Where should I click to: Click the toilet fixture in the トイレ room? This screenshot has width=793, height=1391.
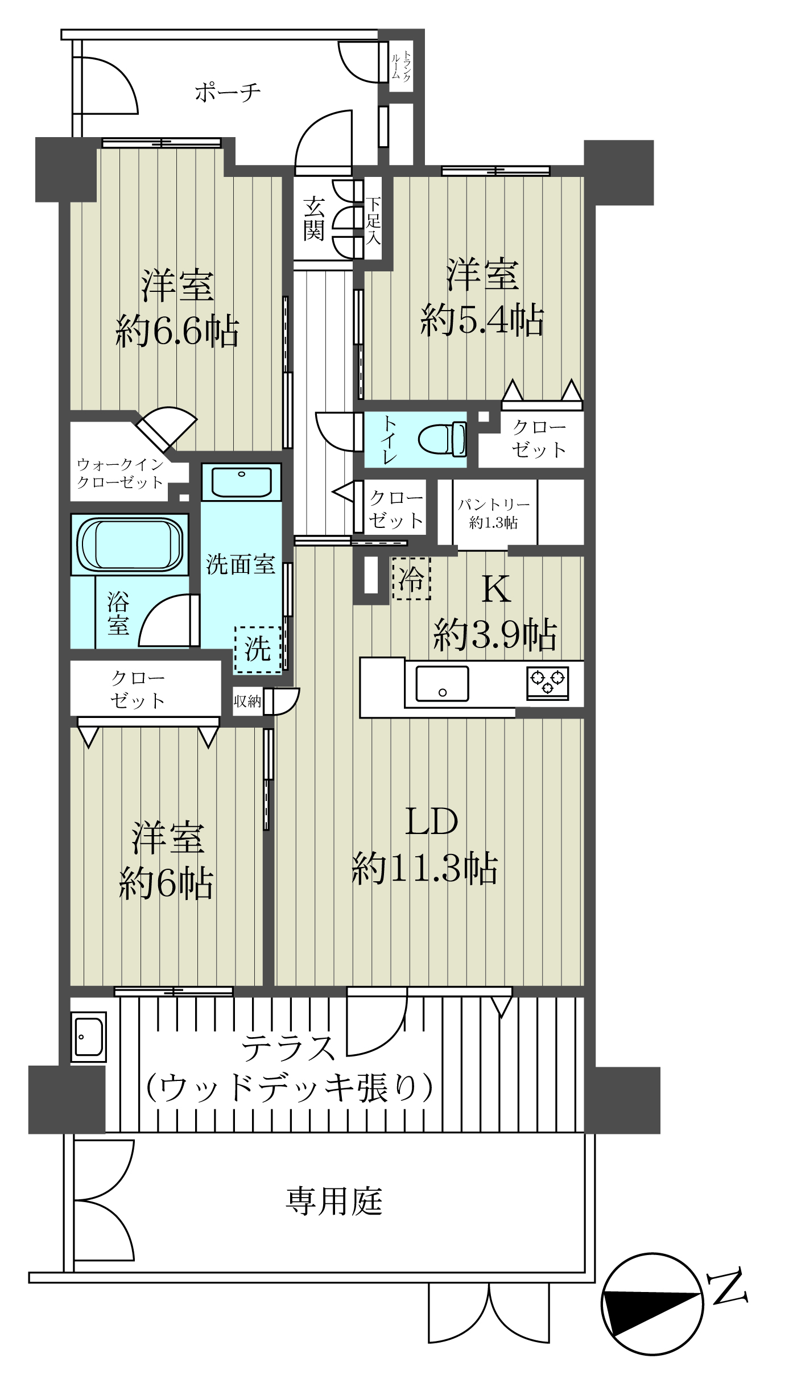[443, 439]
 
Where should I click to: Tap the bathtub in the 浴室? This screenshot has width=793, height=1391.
[130, 544]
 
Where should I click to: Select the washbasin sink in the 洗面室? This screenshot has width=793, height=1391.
[242, 482]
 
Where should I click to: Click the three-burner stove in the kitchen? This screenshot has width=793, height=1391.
[547, 683]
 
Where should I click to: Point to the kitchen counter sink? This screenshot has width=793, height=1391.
[442, 683]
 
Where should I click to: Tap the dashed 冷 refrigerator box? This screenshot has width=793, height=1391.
[411, 578]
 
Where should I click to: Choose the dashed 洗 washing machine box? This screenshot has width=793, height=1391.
[258, 650]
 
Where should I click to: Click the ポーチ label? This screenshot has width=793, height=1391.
[228, 92]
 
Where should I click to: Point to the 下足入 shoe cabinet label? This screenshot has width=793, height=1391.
[373, 221]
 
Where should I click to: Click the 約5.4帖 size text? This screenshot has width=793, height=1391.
[482, 320]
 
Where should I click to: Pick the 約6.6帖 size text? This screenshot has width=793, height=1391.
[177, 331]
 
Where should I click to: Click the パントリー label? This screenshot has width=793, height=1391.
[494, 504]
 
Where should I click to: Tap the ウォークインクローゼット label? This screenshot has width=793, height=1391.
[120, 473]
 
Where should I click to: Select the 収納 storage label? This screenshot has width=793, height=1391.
[247, 701]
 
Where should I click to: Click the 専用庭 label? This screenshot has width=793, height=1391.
[334, 1201]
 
